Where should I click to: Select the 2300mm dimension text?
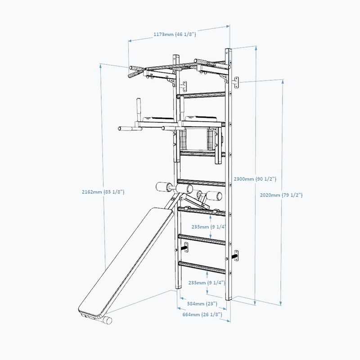255,179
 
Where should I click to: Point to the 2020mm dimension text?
282,195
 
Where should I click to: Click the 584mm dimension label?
201,304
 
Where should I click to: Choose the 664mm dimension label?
201,315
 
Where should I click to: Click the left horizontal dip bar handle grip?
128,129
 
